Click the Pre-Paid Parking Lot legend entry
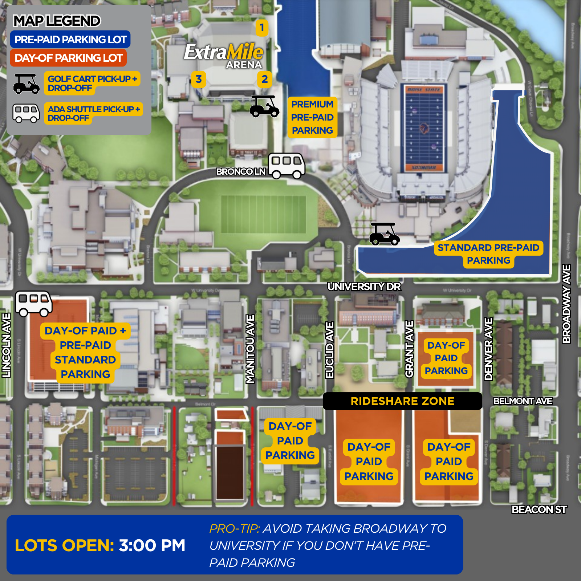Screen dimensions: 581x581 pos(70,40)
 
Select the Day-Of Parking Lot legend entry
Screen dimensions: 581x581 pos(68,58)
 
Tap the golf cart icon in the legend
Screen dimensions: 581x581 pos(26,84)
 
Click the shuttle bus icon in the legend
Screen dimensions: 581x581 pos(26,113)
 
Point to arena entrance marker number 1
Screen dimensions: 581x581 pos(262,28)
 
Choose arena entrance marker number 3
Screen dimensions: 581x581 pos(199,79)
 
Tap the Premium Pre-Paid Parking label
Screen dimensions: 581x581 pos(312,117)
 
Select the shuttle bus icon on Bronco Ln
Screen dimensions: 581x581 pos(287,166)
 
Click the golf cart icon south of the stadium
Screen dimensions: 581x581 pos(384,234)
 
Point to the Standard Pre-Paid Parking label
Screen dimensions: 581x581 pos(488,254)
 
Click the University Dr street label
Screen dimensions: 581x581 pos(364,287)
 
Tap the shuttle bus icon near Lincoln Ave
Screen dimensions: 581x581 pos(33,304)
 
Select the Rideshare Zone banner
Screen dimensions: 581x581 pos(402,401)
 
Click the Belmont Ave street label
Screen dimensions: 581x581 pos(523,401)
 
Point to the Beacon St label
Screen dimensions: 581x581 pos(539,510)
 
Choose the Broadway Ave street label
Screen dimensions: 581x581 pos(566,304)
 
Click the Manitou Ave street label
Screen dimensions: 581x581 pos(250,349)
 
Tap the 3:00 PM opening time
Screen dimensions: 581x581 pos(152,545)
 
